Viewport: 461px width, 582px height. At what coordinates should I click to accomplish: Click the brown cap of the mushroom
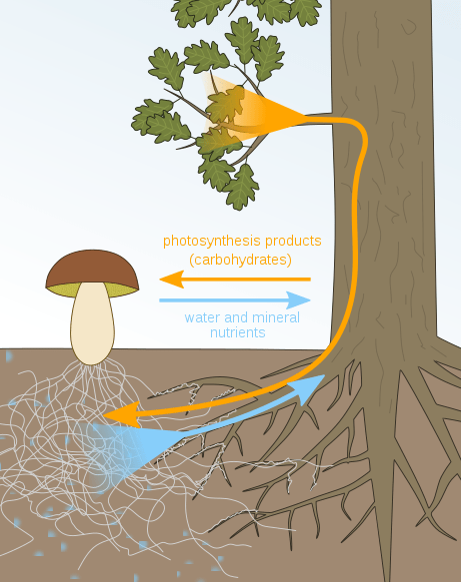click(92, 267)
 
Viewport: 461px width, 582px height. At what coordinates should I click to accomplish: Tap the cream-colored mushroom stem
click(91, 324)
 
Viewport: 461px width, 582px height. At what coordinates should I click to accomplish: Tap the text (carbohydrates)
click(240, 260)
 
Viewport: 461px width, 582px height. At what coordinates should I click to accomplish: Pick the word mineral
click(277, 318)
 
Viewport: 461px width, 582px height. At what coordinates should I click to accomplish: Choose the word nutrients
click(237, 332)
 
